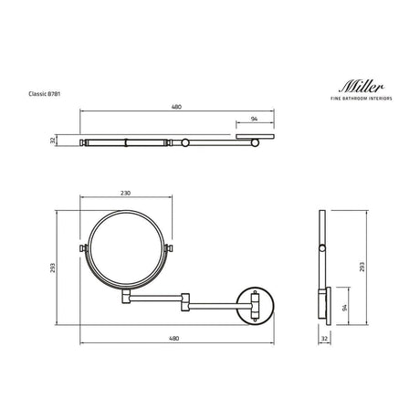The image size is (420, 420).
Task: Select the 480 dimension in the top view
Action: pyautogui.click(x=176, y=107)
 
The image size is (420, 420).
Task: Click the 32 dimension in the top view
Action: pyautogui.click(x=54, y=141)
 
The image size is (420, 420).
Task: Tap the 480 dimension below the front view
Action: pyautogui.click(x=176, y=339)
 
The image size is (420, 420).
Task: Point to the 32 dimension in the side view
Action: pyautogui.click(x=324, y=339)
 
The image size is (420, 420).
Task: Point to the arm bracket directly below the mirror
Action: pyautogui.click(x=128, y=296)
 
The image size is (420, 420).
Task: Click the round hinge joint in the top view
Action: pyautogui.click(x=185, y=142)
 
